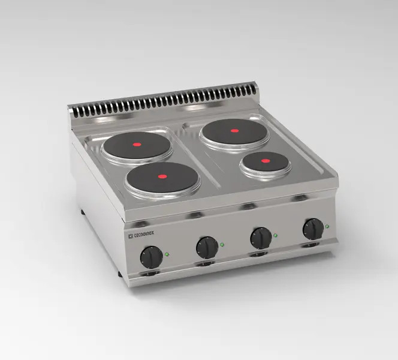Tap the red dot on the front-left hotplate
162,177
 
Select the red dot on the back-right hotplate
235,130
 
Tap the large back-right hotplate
233,132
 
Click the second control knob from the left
207,247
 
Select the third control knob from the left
261,238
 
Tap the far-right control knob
313,229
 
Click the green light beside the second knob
223,244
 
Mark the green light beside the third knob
276,235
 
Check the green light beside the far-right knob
327,226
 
